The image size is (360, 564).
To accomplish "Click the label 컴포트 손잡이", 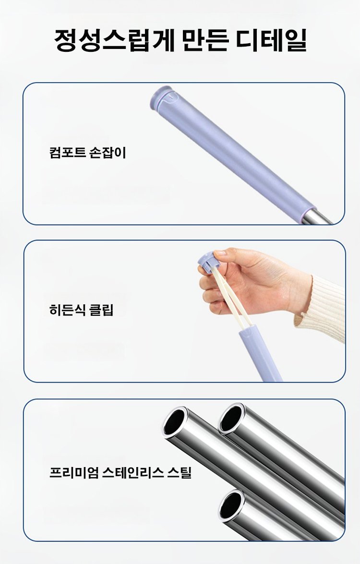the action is click(87, 153).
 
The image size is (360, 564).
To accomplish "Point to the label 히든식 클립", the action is click(81, 310).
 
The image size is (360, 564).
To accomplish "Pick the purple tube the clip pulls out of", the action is click(260, 352).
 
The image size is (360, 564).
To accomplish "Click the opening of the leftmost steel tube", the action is click(175, 421).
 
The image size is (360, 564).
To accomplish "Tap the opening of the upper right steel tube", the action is click(231, 419).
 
